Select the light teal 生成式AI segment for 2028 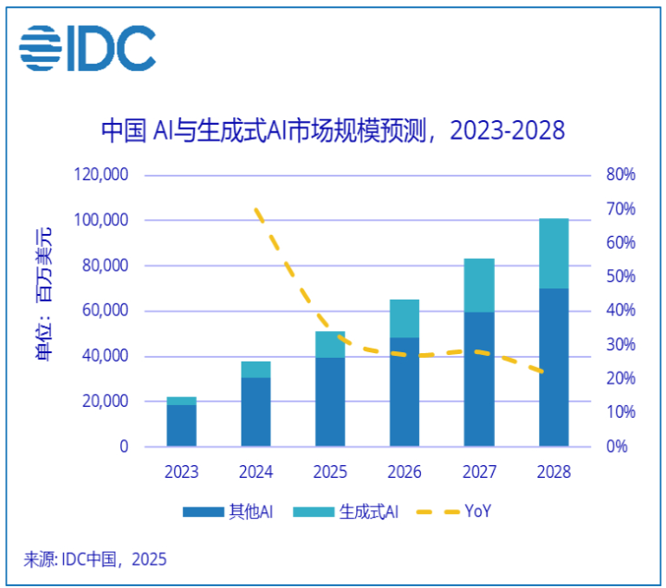[x=554, y=252]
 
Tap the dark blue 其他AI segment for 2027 [x=479, y=379]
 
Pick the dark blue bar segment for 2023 [x=181, y=425]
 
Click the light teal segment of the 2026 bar [x=404, y=318]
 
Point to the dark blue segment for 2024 [x=255, y=411]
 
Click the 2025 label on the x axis [x=329, y=472]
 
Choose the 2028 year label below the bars [x=553, y=472]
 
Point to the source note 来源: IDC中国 [x=94, y=559]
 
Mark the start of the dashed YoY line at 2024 [x=255, y=210]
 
